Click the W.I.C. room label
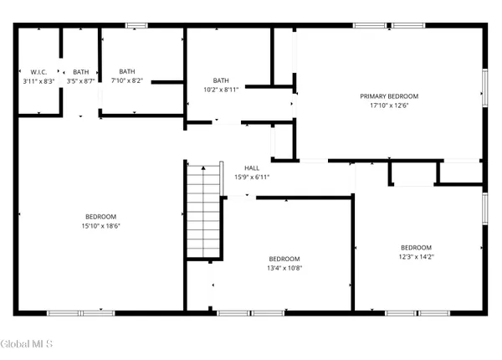click(x=38, y=72)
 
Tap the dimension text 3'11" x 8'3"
click(x=38, y=81)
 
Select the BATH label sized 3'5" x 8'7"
click(x=80, y=72)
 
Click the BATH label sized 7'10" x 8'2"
click(x=127, y=71)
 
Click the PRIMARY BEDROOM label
click(x=389, y=96)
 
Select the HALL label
click(x=252, y=167)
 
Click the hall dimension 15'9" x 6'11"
click(x=252, y=177)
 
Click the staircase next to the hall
click(x=203, y=211)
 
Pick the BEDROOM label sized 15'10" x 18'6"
click(x=99, y=217)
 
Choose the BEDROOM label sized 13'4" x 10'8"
click(x=284, y=259)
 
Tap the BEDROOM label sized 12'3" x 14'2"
click(x=416, y=248)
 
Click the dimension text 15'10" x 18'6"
click(x=99, y=226)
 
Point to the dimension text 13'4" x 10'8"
click(x=284, y=268)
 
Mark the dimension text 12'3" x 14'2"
click(x=416, y=257)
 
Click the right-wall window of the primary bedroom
click(x=484, y=89)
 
